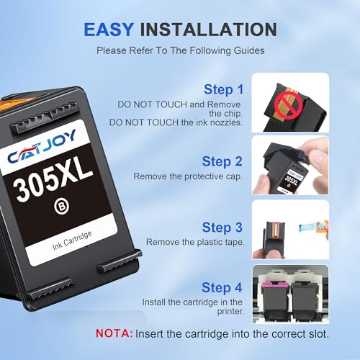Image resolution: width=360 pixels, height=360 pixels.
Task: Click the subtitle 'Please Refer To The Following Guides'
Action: (x=180, y=53)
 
